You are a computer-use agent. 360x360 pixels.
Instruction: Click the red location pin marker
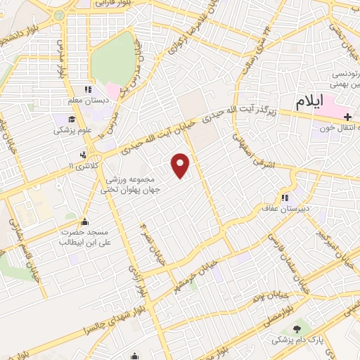181,165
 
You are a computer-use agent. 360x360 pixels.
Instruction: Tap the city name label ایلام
310,101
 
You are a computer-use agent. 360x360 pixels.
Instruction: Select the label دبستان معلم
89,101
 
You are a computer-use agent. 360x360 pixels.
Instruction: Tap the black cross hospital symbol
347,115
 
